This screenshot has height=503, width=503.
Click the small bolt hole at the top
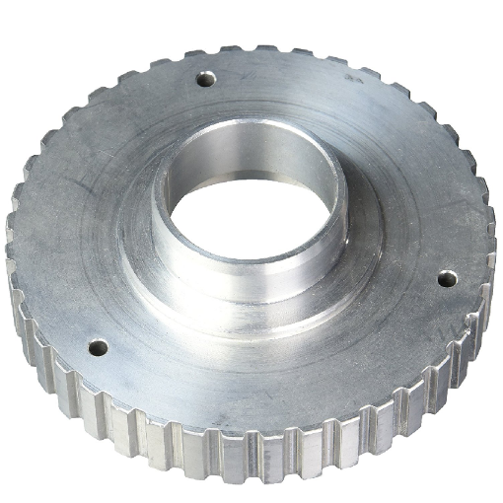pos(206,77)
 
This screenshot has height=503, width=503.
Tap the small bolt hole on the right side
pos(446,278)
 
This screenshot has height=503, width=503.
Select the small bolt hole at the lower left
pos(98,346)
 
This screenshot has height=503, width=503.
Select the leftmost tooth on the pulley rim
pos(12,247)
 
